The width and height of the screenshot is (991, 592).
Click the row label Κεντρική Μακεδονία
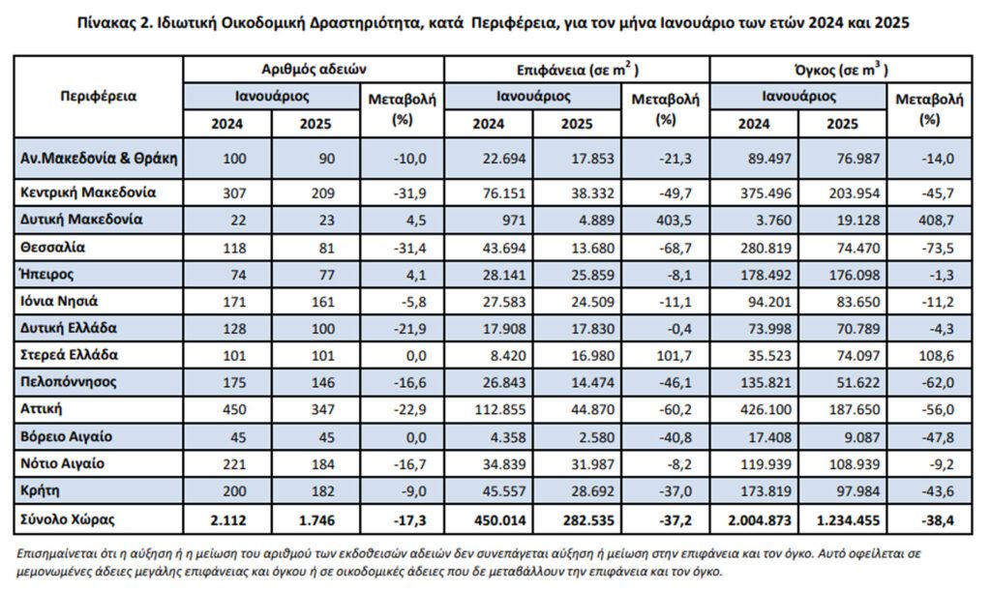88,192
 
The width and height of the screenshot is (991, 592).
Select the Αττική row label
41,409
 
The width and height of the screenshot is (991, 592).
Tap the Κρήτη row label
40,490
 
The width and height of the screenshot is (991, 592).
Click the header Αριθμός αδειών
314,69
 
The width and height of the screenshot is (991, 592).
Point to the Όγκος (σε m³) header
841,70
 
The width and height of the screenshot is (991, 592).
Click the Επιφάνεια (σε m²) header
577,70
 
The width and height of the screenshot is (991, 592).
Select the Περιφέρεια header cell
99,96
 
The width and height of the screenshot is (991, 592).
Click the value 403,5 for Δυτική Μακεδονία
674,221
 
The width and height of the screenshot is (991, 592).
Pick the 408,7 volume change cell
936,221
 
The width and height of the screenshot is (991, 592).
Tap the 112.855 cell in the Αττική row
500,409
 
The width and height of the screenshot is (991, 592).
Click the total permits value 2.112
227,520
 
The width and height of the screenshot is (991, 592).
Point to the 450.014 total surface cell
500,520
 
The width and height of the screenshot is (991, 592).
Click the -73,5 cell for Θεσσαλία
938,248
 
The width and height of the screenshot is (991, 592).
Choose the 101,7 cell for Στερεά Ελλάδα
674,356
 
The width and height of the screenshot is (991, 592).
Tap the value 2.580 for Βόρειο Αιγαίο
597,437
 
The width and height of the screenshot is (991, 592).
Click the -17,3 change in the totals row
409,520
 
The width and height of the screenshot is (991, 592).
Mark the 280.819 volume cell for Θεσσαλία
766,248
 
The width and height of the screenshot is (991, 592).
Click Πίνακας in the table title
106,23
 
